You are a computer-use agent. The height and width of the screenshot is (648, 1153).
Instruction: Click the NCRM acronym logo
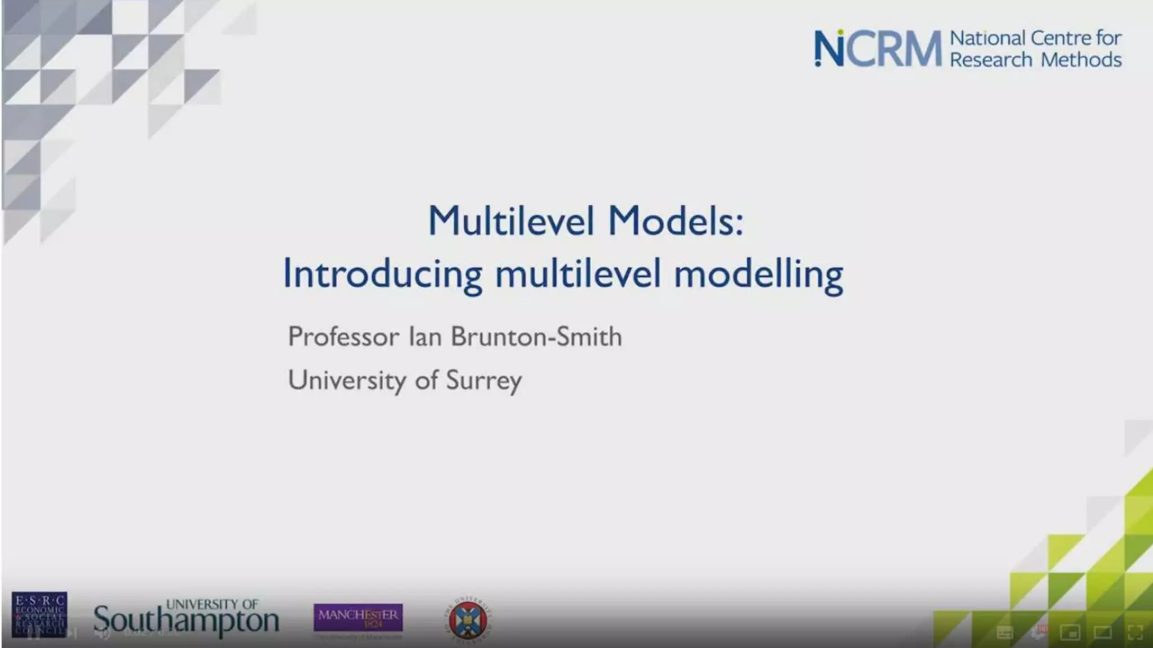pyautogui.click(x=877, y=48)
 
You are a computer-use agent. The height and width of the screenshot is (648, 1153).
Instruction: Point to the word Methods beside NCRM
pyautogui.click(x=1081, y=60)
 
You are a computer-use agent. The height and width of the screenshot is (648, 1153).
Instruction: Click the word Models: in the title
pyautogui.click(x=676, y=220)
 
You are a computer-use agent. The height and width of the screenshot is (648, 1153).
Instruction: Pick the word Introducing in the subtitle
pyautogui.click(x=382, y=274)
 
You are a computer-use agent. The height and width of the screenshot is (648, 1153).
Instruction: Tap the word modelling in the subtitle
pyautogui.click(x=758, y=274)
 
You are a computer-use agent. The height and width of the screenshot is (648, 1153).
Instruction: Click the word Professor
pyautogui.click(x=343, y=337)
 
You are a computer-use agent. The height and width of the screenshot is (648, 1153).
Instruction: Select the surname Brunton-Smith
pyautogui.click(x=536, y=337)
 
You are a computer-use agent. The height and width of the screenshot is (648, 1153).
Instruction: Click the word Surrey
pyautogui.click(x=484, y=381)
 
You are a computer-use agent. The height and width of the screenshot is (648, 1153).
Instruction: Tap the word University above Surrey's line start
pyautogui.click(x=347, y=380)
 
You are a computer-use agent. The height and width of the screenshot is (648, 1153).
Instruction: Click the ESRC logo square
pyautogui.click(x=39, y=614)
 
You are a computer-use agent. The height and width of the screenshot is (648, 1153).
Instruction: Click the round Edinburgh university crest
pyautogui.click(x=469, y=620)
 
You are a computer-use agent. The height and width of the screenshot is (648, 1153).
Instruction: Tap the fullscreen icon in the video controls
pyautogui.click(x=1135, y=632)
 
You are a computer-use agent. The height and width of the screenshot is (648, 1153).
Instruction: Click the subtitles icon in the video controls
pyautogui.click(x=1005, y=633)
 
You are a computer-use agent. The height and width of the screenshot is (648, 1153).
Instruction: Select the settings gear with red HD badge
pyautogui.click(x=1038, y=632)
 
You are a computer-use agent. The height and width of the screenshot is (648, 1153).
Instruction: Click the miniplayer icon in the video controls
pyautogui.click(x=1070, y=633)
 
